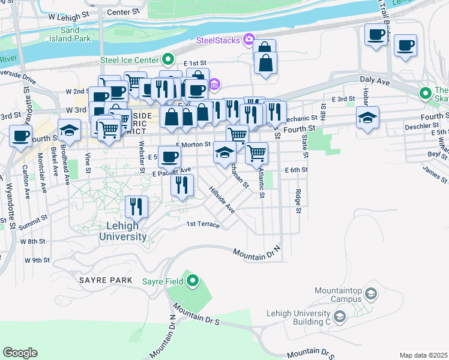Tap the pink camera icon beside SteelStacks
[x=249, y=40]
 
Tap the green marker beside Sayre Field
[x=193, y=280]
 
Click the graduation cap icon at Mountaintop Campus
[x=371, y=293]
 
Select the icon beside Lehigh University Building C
[x=340, y=316]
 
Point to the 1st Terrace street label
[x=203, y=224]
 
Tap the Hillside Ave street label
[x=221, y=200]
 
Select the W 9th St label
[x=37, y=260]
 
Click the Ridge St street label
[x=298, y=201]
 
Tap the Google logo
[x=20, y=353]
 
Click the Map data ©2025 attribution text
[x=423, y=355]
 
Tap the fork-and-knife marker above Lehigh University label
[x=137, y=207]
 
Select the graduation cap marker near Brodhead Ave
[x=70, y=130]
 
